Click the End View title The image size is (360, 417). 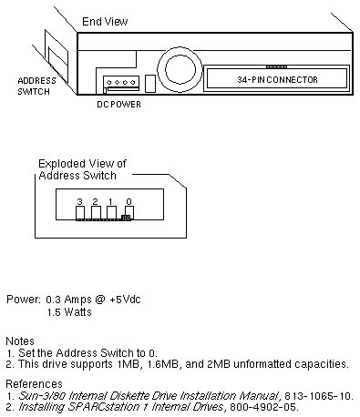tap(105, 22)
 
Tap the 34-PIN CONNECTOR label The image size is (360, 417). tap(277, 80)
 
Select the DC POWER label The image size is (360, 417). tap(118, 105)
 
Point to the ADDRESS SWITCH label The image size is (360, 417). tap(36, 86)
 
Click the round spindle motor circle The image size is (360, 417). tap(180, 69)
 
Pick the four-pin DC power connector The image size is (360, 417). tap(121, 84)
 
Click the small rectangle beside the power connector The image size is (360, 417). tap(150, 84)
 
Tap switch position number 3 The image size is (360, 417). tap(79, 201)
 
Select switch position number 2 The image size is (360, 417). tap(96, 201)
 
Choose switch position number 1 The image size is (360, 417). tap(110, 201)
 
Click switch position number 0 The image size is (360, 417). tap(129, 201)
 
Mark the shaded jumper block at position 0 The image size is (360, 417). tap(126, 218)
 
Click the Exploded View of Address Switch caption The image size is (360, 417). tap(82, 169)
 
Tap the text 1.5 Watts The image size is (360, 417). tap(69, 312)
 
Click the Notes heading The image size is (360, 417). tap(20, 341)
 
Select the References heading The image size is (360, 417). tap(34, 384)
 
